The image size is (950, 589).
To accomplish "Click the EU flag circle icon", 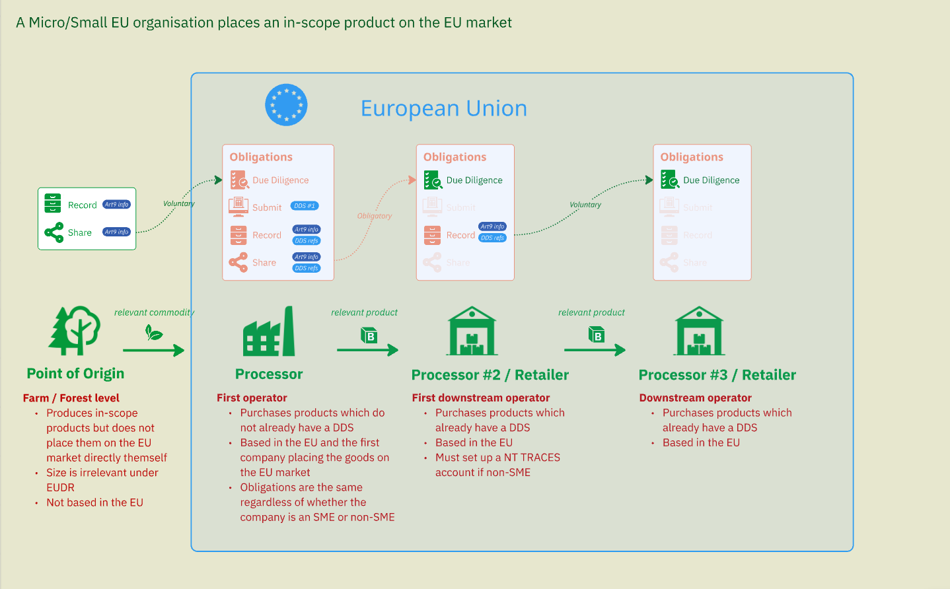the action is point(286,105).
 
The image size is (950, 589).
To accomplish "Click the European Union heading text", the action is point(443,108).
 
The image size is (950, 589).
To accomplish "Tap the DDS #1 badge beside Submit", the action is point(305,206).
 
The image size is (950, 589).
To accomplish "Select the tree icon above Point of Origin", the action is point(75,330).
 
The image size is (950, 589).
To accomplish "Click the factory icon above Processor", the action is point(269,331).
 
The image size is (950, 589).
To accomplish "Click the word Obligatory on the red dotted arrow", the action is point(375,216).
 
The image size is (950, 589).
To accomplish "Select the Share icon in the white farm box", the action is point(54,232).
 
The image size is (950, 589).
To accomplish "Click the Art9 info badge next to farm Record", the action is point(117,205).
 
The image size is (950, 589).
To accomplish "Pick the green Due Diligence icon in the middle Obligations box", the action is point(433,180).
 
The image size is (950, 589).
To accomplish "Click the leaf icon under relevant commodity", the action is point(154,333).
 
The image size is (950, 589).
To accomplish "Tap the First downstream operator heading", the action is point(481,398).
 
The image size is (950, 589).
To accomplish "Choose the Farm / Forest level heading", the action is point(71,398).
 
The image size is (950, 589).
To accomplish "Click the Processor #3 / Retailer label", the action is point(717,375).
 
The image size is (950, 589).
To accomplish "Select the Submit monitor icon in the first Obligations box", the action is point(238,207).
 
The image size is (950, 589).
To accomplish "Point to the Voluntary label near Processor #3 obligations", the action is point(585,205).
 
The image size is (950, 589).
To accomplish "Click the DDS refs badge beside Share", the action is point(307,268).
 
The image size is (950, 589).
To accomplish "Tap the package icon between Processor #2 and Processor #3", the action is point(597,335).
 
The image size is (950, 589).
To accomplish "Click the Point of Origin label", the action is point(75,374).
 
